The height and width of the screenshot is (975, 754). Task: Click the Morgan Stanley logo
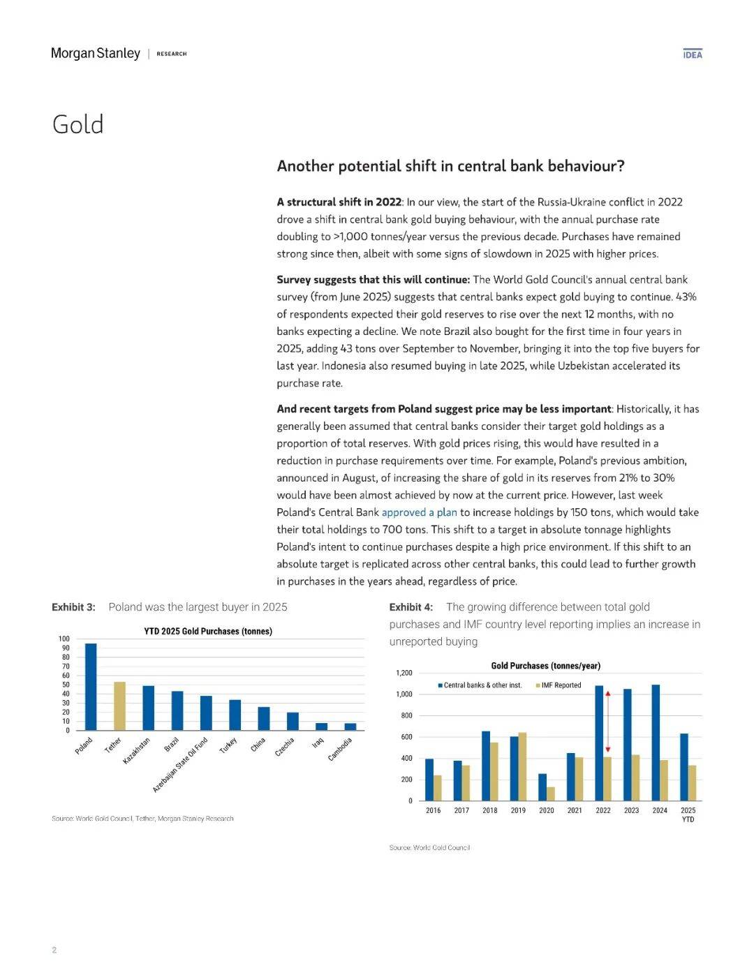(96, 54)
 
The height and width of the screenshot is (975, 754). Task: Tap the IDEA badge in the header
(693, 54)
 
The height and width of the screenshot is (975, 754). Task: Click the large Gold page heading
(78, 125)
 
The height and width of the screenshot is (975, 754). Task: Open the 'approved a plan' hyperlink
(419, 512)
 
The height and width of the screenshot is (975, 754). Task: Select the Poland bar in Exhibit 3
(91, 687)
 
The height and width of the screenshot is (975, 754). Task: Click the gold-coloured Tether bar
(119, 706)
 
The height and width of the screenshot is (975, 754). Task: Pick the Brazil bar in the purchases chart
(177, 710)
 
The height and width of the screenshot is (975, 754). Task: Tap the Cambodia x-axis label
(340, 749)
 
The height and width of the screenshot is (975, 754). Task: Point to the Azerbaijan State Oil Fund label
(181, 764)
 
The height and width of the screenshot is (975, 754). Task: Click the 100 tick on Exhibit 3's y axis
(64, 639)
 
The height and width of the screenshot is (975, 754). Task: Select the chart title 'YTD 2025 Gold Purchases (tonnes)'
(208, 631)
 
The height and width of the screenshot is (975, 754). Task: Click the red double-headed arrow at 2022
(607, 721)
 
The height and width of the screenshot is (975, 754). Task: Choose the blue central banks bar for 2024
(656, 743)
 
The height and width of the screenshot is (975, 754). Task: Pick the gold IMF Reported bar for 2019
(522, 766)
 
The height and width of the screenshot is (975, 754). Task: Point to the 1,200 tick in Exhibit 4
(404, 673)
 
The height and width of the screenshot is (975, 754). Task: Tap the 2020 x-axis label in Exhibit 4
(547, 810)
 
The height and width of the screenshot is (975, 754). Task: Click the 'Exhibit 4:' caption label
(411, 607)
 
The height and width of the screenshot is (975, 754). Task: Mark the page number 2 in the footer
(54, 950)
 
